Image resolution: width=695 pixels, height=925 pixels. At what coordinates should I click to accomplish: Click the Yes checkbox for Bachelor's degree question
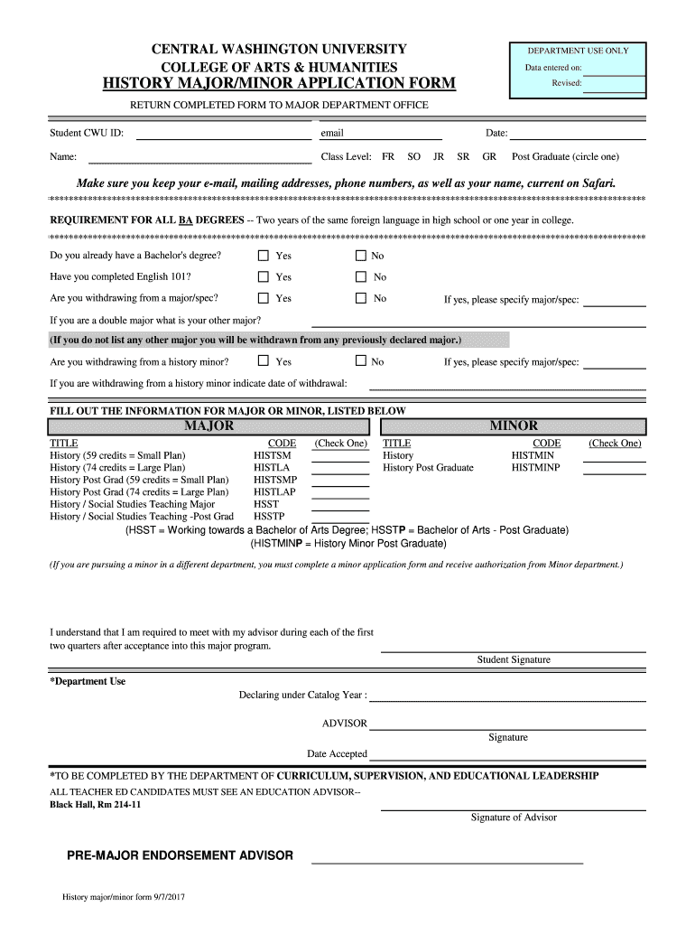(264, 256)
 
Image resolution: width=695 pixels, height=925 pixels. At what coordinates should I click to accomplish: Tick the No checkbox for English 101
(361, 277)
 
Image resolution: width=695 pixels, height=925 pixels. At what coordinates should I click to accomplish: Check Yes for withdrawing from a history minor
(264, 361)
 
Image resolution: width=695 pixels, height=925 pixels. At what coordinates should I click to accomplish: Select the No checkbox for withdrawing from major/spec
(361, 298)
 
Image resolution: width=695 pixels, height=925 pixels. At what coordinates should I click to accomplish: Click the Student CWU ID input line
(223, 135)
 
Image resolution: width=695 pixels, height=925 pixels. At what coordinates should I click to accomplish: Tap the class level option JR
(439, 156)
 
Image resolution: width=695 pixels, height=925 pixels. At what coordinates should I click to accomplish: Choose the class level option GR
(489, 156)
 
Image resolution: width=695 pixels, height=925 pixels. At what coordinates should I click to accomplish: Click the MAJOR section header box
(209, 425)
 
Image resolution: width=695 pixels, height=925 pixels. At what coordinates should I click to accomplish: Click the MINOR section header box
(513, 425)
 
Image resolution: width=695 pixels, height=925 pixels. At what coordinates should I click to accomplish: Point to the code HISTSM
(272, 455)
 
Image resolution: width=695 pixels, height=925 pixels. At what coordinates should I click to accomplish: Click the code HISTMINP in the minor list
(535, 468)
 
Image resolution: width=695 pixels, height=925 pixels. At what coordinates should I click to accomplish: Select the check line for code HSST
(340, 504)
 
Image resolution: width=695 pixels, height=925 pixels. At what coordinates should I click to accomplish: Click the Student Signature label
(513, 659)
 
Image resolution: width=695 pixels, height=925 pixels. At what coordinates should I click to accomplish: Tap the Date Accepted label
(337, 753)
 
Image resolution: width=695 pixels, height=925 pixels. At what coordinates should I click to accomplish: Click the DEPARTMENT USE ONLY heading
(578, 51)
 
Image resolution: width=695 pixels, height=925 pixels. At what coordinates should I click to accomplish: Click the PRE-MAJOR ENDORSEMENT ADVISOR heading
(181, 855)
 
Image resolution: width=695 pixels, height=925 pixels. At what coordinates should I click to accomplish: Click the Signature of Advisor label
(513, 818)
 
